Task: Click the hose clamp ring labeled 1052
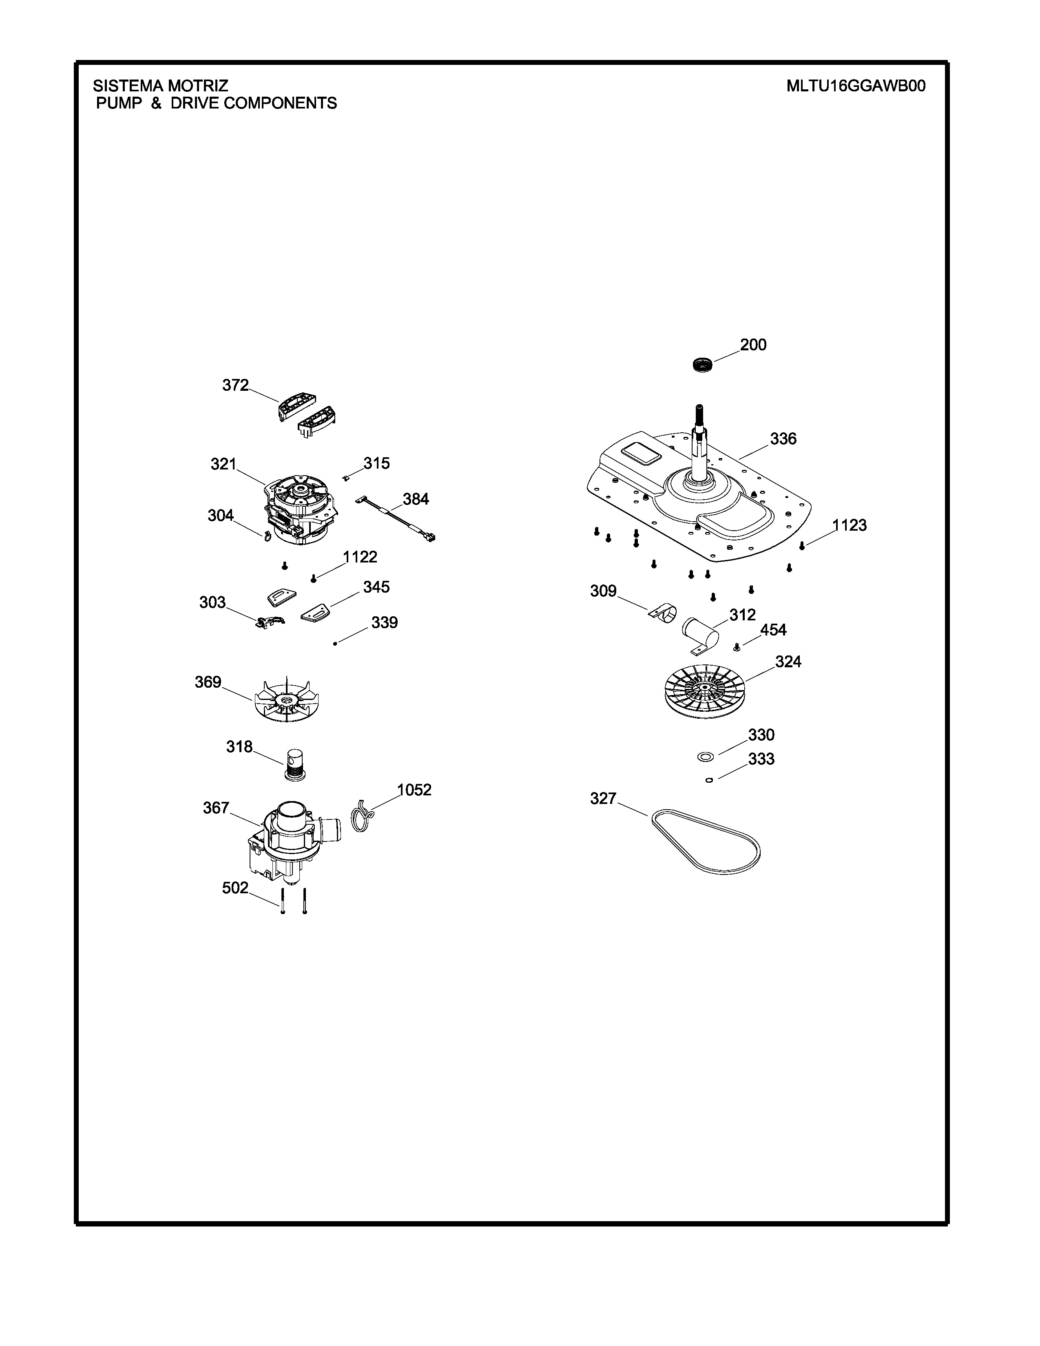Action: (x=363, y=815)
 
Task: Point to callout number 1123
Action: (x=849, y=526)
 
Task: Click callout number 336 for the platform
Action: (x=783, y=439)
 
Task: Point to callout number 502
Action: (x=235, y=888)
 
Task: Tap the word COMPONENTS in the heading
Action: (x=280, y=104)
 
